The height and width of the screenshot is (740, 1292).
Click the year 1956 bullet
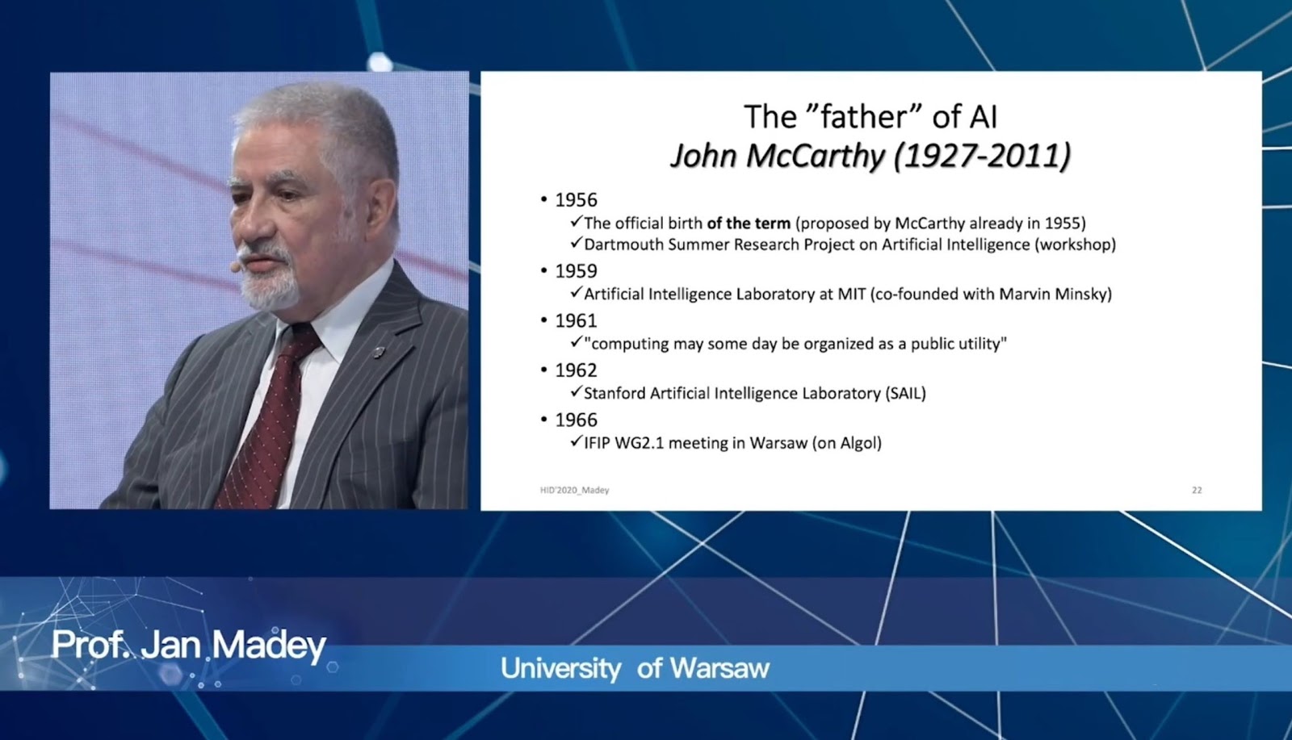(576, 200)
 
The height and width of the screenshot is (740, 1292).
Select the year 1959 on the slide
(576, 271)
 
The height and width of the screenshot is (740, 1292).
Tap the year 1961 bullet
(576, 320)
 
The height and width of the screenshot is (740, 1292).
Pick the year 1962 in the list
(576, 370)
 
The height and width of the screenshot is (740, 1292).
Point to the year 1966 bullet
(576, 420)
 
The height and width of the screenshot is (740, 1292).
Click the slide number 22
(1197, 490)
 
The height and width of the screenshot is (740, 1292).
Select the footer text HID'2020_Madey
(574, 490)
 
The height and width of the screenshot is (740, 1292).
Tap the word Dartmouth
(623, 245)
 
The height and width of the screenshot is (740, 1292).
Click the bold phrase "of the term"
(749, 223)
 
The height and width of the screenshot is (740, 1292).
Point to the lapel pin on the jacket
(379, 351)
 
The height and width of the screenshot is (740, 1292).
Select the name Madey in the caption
(270, 646)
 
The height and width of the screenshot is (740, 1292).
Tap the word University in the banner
(560, 668)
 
